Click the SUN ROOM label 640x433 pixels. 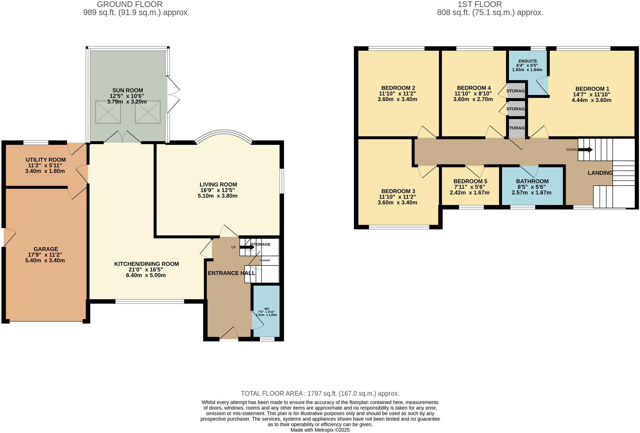pos(127,90)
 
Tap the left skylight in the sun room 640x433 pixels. pos(108,112)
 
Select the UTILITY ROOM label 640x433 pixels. pos(46,160)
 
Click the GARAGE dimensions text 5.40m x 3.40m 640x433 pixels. pos(45,260)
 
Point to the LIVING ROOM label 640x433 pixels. pos(218,184)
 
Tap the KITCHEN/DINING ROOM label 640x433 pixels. pos(146,264)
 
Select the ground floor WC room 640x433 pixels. pos(266,312)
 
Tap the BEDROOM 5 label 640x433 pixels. pos(470,181)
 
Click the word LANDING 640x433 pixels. pos(600,173)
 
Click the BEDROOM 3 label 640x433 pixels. pos(398,191)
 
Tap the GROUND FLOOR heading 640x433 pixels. pos(129,5)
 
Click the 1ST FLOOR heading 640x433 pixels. pos(490,5)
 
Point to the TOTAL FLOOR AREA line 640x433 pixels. pos(320,393)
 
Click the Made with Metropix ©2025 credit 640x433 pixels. pos(320,430)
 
